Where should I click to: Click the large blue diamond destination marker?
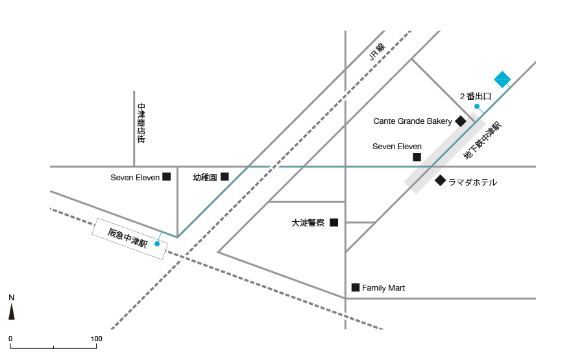502,80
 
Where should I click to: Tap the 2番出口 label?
475,97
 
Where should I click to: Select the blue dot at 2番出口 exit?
477,106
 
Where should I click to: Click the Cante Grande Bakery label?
413,121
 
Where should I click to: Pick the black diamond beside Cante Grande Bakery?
461,121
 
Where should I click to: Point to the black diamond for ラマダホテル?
440,180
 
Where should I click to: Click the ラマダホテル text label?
472,182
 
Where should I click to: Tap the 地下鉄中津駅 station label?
483,140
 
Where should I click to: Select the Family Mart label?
383,288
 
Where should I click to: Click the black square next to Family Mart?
356,287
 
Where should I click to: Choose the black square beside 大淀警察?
334,222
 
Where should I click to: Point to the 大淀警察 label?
308,223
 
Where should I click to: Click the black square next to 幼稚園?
225,176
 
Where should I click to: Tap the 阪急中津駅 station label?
128,238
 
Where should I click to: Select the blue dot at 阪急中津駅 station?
157,244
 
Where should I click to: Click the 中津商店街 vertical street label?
141,123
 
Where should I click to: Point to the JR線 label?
377,52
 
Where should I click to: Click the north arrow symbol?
12,311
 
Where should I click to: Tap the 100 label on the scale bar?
97,339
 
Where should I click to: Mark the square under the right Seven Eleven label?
417,157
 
